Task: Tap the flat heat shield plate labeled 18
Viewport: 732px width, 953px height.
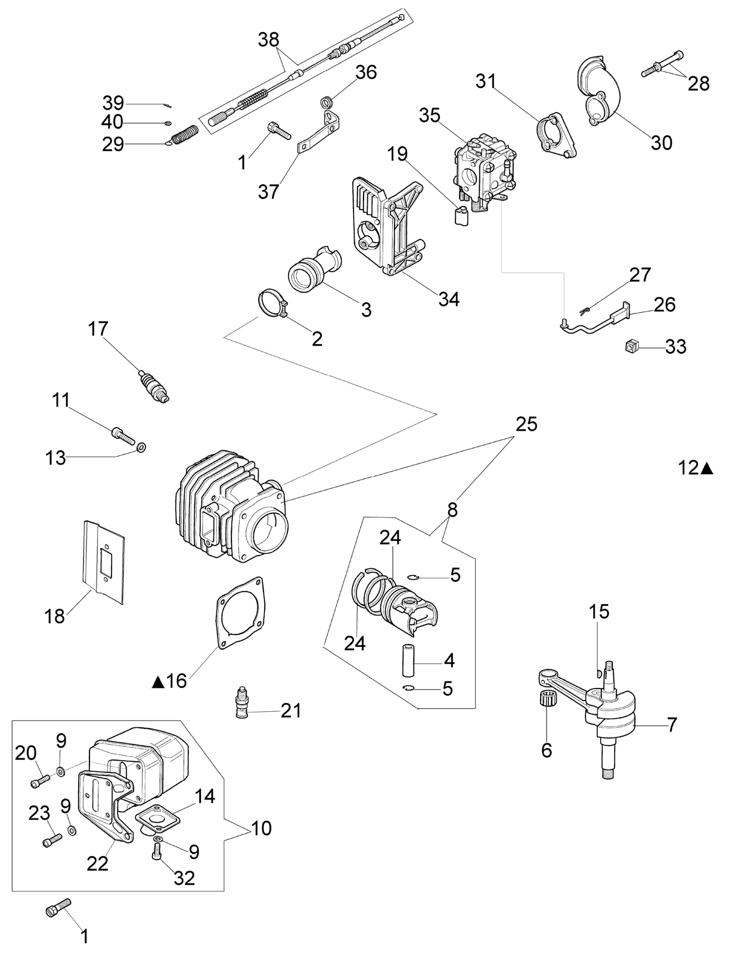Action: (104, 562)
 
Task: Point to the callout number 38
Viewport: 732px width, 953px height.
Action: (269, 40)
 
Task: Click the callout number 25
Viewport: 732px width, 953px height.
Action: (526, 424)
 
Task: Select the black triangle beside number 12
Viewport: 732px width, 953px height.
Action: (707, 469)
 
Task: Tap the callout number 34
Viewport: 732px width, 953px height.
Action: (448, 299)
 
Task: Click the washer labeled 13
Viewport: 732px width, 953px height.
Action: (141, 447)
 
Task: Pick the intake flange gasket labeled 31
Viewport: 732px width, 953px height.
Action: (557, 135)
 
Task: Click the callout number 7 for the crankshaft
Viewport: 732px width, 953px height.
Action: (672, 725)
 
